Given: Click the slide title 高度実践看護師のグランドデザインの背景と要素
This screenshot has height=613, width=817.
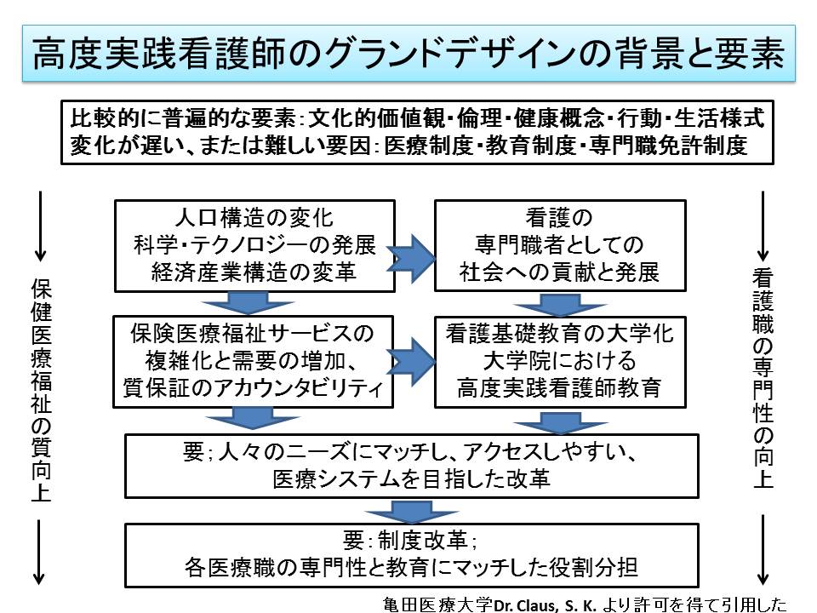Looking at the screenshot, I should pos(408,54).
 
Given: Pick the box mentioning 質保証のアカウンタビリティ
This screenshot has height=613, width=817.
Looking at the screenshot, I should pos(254,362).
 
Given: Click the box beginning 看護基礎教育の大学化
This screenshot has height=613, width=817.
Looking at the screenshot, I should pos(560,362).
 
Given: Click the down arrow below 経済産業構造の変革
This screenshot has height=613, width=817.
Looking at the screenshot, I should pos(248,304).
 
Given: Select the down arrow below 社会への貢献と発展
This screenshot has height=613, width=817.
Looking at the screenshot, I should pos(558,304).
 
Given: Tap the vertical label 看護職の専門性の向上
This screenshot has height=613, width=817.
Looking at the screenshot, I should pos(763,379).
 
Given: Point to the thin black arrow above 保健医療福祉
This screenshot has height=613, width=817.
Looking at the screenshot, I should pos(38,227).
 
